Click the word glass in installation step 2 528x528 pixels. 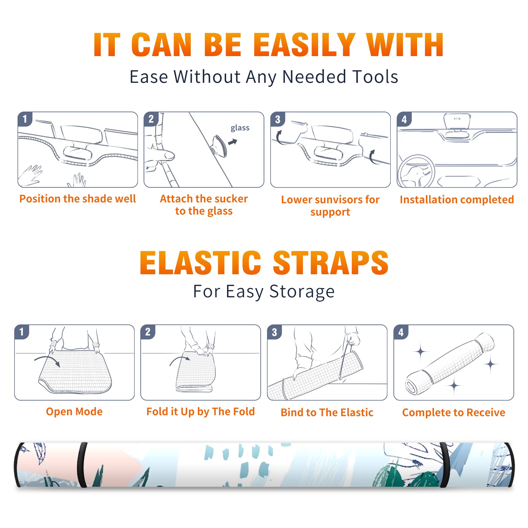click(240, 128)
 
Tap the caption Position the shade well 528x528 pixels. click(78, 199)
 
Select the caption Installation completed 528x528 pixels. click(457, 200)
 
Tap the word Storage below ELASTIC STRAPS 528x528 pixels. click(302, 292)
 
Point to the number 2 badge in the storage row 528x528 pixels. click(148, 332)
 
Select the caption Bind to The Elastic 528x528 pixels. click(327, 412)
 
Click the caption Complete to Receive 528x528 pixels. click(454, 412)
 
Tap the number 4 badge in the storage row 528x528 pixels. click(401, 332)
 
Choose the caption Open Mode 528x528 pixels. click(74, 412)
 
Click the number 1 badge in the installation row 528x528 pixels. click(25, 119)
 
